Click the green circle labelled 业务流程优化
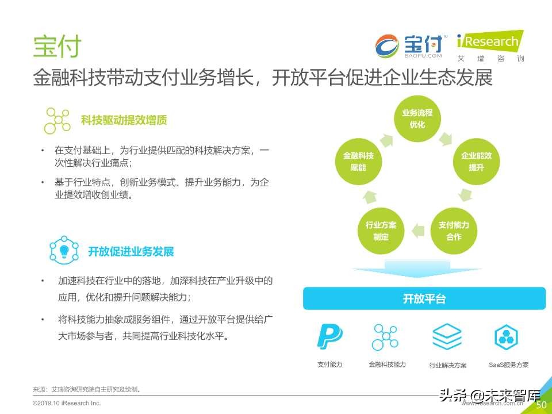417,118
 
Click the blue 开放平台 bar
424,298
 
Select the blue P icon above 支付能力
329,336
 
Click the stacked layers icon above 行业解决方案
447,336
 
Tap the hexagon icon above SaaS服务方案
507,336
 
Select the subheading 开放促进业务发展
131,251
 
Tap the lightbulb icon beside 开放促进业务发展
64,251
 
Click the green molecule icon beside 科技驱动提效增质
58,120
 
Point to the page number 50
541,405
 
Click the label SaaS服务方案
508,365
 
